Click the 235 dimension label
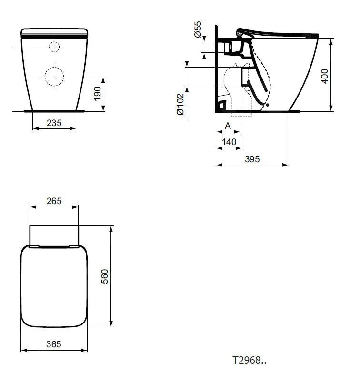[54, 123]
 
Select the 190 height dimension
[98, 94]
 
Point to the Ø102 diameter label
[180, 104]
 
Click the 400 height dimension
[325, 75]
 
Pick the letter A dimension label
[228, 126]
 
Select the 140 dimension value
[229, 141]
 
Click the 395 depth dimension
[252, 159]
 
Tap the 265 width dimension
[54, 201]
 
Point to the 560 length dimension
[105, 276]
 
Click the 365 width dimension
[54, 344]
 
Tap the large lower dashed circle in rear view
[54, 75]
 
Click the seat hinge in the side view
[240, 33]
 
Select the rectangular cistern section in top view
[54, 235]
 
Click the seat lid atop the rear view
[54, 32]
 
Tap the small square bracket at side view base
[221, 103]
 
